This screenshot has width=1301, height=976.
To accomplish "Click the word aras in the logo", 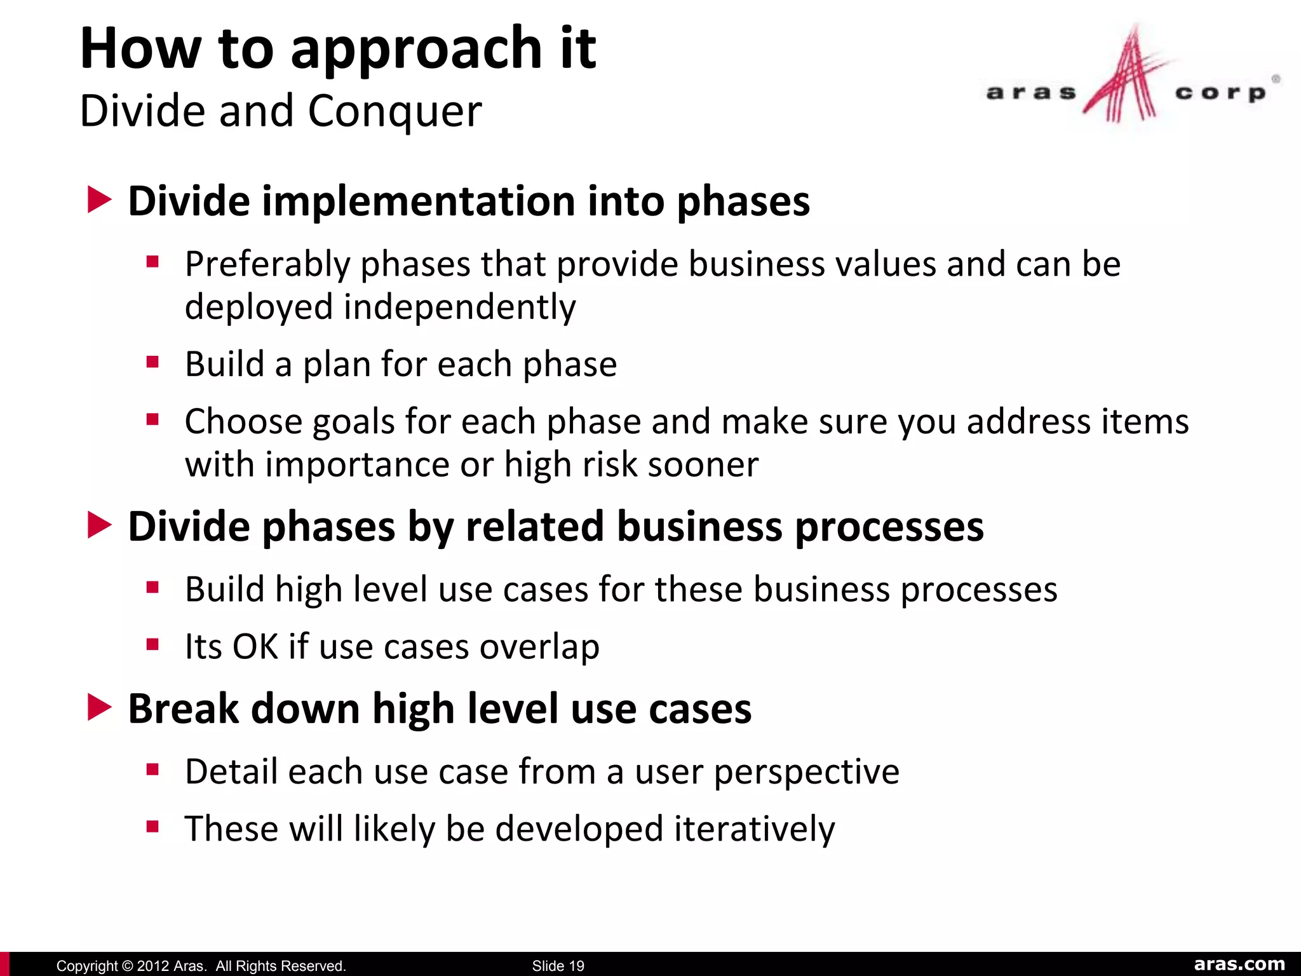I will point(1030,93).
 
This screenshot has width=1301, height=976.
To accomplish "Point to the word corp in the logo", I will point(1220,93).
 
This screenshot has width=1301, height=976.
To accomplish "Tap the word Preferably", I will point(267,264).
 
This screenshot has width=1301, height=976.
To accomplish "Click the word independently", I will point(459,307).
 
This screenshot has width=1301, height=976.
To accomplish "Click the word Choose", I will point(243,422).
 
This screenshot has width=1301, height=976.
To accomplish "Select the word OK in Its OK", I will point(255,647).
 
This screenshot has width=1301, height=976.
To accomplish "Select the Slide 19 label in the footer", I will point(558,966).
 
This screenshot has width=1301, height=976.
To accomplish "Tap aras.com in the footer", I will point(1239,964).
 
